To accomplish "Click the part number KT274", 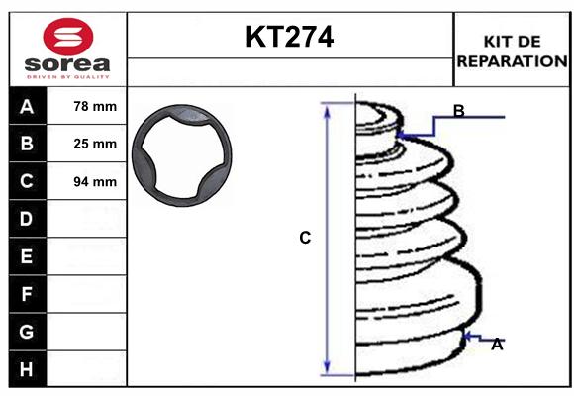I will tap(289, 37).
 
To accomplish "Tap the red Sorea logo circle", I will tap(68, 37).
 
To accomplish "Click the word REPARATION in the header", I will tap(512, 60).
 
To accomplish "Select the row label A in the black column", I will tap(27, 106).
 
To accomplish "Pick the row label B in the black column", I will tap(27, 144).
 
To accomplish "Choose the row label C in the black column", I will tap(27, 181).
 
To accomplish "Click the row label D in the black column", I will tap(27, 219).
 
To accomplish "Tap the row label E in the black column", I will tap(27, 256).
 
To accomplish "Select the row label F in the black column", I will tap(27, 294).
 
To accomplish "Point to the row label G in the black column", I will tap(27, 332).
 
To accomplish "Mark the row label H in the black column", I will tap(27, 369).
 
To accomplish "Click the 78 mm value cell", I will tap(95, 106).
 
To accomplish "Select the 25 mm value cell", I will tap(95, 144).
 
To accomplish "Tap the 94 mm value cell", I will tap(95, 181).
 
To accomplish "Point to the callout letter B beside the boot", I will tap(458, 110).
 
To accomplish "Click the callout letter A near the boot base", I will tap(497, 345).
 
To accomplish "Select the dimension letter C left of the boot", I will tap(305, 238).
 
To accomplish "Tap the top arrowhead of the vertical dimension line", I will tap(327, 107).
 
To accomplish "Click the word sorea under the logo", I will tap(68, 64).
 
